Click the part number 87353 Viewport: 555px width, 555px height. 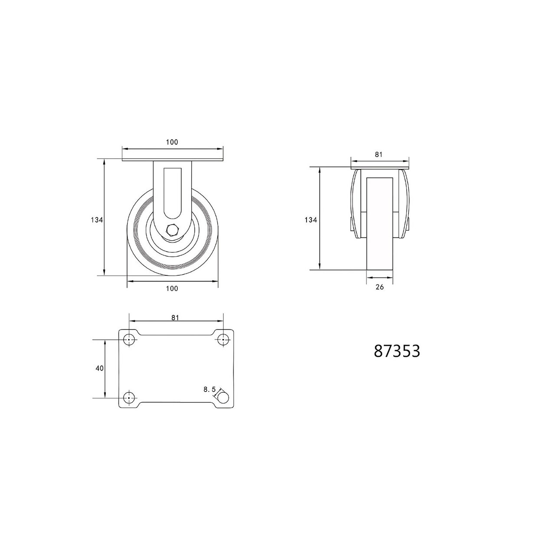(397, 351)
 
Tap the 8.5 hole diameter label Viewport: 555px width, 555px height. (209, 390)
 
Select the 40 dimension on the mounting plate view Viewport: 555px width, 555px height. (99, 369)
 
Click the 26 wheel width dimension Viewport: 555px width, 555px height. (379, 287)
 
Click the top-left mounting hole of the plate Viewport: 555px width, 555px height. (129, 340)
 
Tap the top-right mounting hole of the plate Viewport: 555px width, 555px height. (223, 340)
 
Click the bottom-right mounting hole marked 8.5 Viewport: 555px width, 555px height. (223, 398)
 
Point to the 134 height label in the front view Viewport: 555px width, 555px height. (97, 220)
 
